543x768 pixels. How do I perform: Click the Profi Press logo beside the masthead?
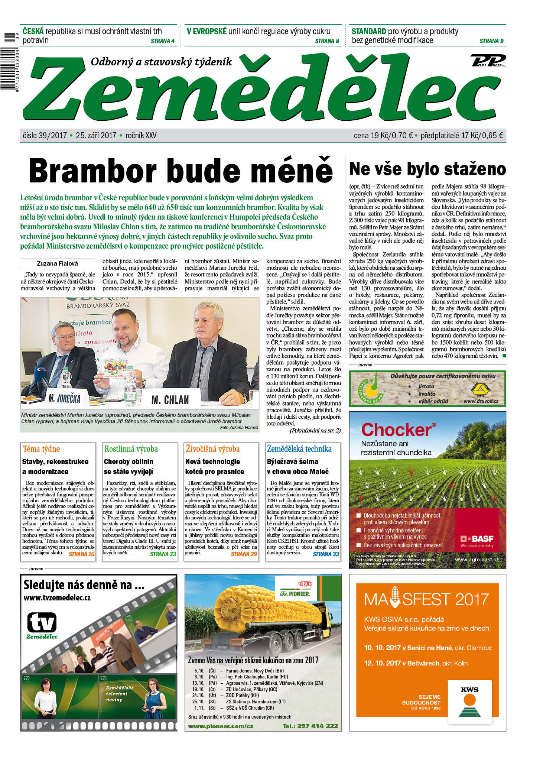coord(488,60)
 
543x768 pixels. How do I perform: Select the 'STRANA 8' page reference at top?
coord(327,41)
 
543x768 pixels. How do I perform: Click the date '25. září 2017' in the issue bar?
coord(96,136)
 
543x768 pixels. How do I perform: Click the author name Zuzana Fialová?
coord(58,263)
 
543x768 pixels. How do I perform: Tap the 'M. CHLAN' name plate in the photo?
coord(170,400)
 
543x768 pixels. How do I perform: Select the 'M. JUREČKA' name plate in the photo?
coord(64,399)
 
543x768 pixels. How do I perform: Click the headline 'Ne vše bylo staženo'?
coord(427,169)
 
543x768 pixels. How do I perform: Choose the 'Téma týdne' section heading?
coord(41,449)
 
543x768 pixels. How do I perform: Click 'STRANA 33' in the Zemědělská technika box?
coord(326,554)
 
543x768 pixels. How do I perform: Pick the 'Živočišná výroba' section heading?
coord(213,449)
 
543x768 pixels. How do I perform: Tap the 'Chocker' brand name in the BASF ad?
coord(396,430)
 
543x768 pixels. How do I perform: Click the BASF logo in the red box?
coord(477,539)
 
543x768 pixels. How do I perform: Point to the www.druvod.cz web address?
coord(481,401)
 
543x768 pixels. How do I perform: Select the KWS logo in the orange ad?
coord(469,700)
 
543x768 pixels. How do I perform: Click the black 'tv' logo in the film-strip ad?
coord(42,623)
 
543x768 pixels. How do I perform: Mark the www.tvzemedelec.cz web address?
coord(57,598)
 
